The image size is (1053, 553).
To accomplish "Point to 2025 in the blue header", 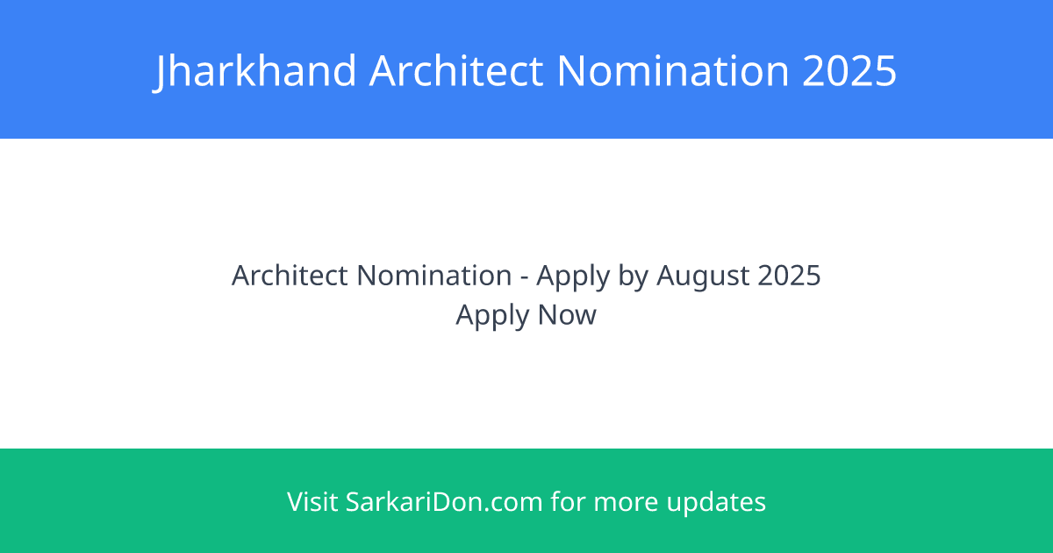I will [x=849, y=70].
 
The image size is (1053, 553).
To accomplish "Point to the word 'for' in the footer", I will [x=569, y=502].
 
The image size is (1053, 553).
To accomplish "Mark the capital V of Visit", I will [x=295, y=502].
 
